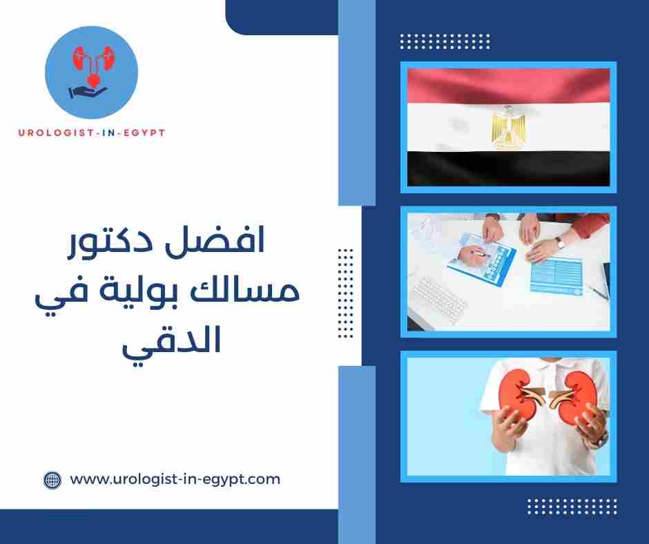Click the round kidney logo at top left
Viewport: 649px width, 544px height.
click(x=91, y=71)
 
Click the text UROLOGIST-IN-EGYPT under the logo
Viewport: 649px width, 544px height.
click(x=91, y=133)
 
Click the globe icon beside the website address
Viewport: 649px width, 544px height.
click(x=52, y=479)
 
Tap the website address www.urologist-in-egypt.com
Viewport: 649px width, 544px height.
click(x=175, y=479)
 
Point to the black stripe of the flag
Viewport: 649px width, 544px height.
click(x=508, y=169)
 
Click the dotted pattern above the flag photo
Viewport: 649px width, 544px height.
click(x=445, y=41)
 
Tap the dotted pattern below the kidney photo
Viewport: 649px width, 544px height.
click(x=571, y=507)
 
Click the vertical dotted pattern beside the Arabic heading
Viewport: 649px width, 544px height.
click(x=345, y=293)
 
